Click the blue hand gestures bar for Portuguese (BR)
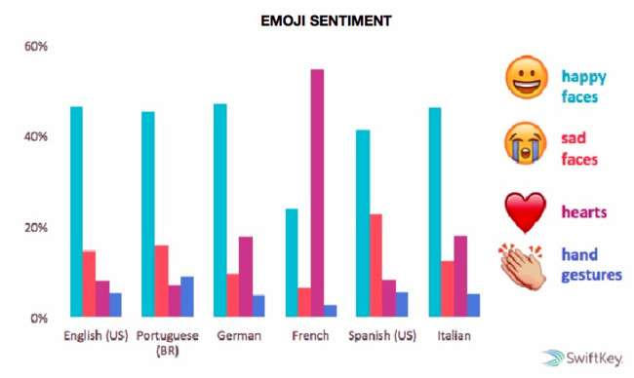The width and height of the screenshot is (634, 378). [x=187, y=297]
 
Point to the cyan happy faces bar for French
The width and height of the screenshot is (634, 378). [x=292, y=262]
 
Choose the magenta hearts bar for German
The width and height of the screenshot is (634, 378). [x=246, y=277]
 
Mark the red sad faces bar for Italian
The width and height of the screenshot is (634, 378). [x=448, y=288]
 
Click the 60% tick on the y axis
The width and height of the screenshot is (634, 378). [x=36, y=47]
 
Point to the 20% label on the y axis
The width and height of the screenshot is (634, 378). [x=36, y=228]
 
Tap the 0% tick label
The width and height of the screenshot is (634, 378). [x=39, y=318]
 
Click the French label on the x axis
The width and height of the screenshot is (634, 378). [x=310, y=336]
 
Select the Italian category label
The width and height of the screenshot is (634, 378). [x=455, y=336]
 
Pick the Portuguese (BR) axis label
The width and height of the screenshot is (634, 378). [x=168, y=343]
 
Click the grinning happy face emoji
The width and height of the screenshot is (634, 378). [x=527, y=78]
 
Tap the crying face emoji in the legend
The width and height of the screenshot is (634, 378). [x=526, y=143]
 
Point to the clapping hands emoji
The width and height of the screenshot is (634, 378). [x=524, y=267]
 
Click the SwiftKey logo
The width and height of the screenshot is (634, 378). [x=585, y=359]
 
